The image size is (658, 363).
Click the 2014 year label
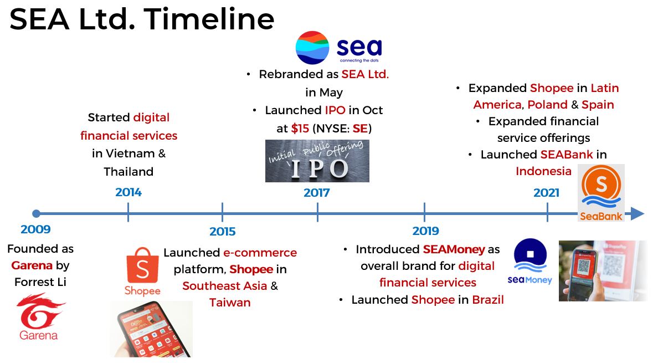128,192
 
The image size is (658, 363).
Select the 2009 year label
35,229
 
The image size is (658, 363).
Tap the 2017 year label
316,193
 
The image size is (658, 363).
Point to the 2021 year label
546,193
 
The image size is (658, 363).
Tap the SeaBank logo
602,193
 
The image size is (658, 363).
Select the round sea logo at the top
312,48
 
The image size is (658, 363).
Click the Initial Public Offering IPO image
317,161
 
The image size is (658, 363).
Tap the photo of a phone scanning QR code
603,270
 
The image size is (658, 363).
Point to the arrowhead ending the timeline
638,213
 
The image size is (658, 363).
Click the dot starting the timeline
36,213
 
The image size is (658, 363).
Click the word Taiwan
230,303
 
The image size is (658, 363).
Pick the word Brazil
488,300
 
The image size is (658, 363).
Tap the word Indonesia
543,171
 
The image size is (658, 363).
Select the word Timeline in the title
209,19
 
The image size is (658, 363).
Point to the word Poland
547,105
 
